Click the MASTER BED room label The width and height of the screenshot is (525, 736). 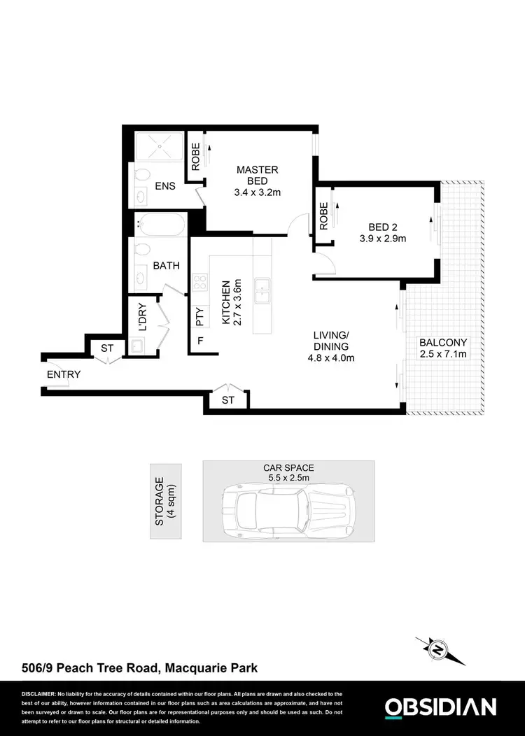pyautogui.click(x=257, y=176)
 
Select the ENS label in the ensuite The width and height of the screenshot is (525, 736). pyautogui.click(x=165, y=187)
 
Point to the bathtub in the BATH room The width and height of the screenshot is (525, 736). pyautogui.click(x=160, y=225)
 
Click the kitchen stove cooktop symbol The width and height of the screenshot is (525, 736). pyautogui.click(x=200, y=283)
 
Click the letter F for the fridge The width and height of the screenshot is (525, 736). pyautogui.click(x=200, y=342)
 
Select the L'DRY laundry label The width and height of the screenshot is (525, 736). pyautogui.click(x=142, y=317)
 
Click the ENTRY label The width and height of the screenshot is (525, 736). pyautogui.click(x=64, y=374)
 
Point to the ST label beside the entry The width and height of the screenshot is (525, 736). pyautogui.click(x=107, y=348)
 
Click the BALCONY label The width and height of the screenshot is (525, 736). pyautogui.click(x=442, y=343)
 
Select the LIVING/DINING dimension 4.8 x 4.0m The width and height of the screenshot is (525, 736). pyautogui.click(x=331, y=358)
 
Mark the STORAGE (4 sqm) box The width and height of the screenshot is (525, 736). pyautogui.click(x=165, y=501)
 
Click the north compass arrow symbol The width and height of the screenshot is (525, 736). pyautogui.click(x=438, y=650)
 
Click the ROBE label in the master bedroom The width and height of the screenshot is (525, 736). pyautogui.click(x=195, y=157)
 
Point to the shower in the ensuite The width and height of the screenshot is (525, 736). pyautogui.click(x=158, y=148)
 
